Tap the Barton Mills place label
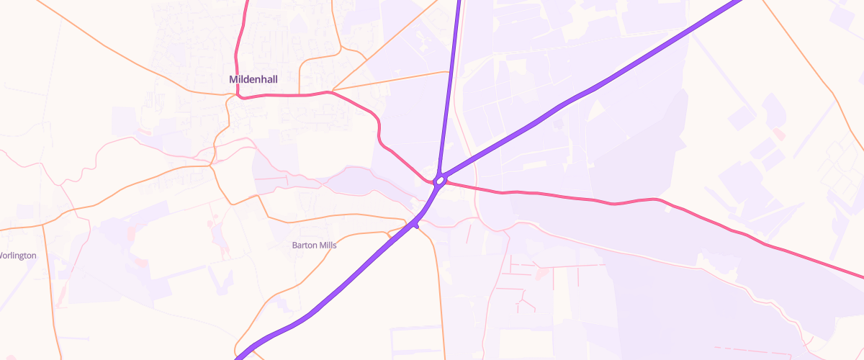click(314, 245)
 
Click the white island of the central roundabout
click(439, 180)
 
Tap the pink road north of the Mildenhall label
click(240, 36)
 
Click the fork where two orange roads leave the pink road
click(330, 91)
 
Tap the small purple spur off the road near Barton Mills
click(416, 226)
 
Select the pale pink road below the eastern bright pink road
click(648, 253)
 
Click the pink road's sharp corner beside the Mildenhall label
click(238, 96)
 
